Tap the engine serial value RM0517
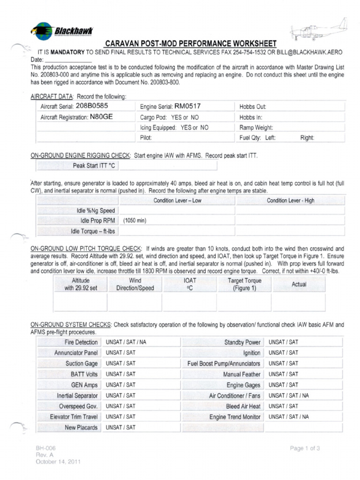pos(187,106)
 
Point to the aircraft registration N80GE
pos(101,117)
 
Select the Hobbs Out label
pos(253,107)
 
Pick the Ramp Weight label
pos(256,127)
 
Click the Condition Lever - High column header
pos(291,201)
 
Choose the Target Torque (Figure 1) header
pos(244,285)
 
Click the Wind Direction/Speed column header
pos(135,285)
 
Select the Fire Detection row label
pos(81,342)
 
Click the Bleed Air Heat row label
pos(243,406)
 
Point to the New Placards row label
pos(81,427)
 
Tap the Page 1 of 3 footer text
pos(305,449)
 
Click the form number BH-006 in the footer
pos(46,449)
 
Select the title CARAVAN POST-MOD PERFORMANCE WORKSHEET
pos(191,43)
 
